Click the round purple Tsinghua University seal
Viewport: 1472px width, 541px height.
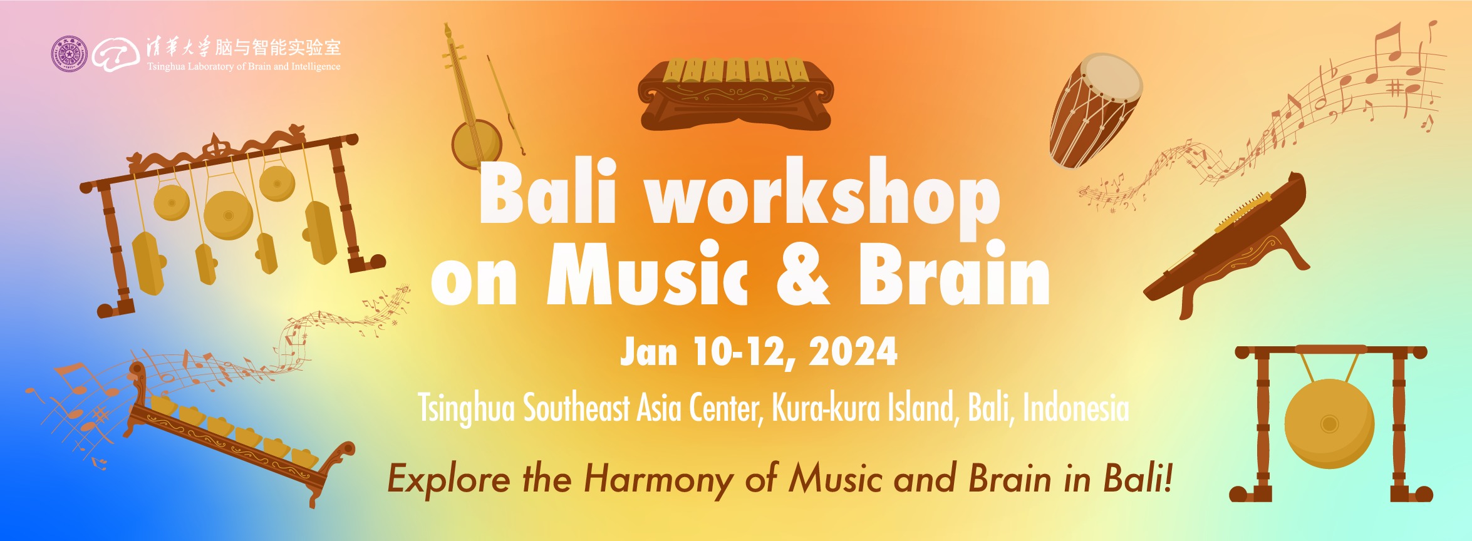pyautogui.click(x=69, y=54)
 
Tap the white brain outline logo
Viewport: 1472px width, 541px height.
pyautogui.click(x=116, y=54)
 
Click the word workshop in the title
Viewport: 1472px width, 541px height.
pyautogui.click(x=823, y=197)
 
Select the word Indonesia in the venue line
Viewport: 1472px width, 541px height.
pyautogui.click(x=1075, y=408)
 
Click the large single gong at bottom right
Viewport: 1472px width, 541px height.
pyautogui.click(x=1329, y=424)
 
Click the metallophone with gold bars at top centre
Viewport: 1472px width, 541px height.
pyautogui.click(x=736, y=95)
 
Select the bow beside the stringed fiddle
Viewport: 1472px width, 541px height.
pyautogui.click(x=506, y=105)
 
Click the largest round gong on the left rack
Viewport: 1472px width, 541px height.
pyautogui.click(x=229, y=215)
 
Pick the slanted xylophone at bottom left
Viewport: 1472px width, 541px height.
pyautogui.click(x=240, y=434)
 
